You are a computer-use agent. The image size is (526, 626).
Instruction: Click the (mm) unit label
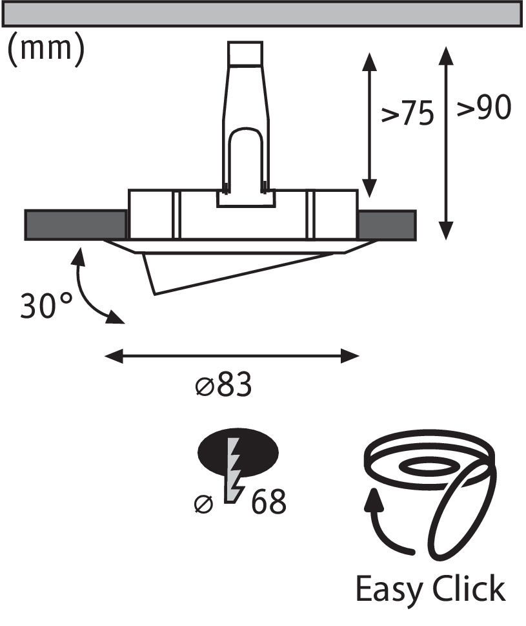pyautogui.click(x=46, y=50)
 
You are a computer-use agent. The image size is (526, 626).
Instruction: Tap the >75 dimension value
pyautogui.click(x=407, y=114)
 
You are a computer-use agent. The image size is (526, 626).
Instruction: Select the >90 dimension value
pyautogui.click(x=484, y=107)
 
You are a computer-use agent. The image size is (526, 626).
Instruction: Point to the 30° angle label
pyautogui.click(x=46, y=306)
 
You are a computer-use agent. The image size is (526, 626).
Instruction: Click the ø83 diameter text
pyautogui.click(x=224, y=384)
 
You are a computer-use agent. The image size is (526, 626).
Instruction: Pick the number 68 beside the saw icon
pyautogui.click(x=268, y=501)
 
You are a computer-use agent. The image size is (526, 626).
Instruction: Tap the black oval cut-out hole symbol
pyautogui.click(x=238, y=452)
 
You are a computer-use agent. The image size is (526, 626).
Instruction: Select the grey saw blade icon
pyautogui.click(x=234, y=470)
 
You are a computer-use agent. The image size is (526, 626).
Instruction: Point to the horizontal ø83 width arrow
pyautogui.click(x=232, y=356)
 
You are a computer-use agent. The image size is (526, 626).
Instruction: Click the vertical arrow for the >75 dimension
pyautogui.click(x=370, y=125)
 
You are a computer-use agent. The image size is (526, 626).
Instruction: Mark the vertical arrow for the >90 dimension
pyautogui.click(x=446, y=143)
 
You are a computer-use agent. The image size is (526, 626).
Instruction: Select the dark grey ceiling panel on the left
pyautogui.click(x=76, y=225)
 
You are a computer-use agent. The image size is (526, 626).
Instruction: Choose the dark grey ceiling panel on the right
pyautogui.click(x=387, y=225)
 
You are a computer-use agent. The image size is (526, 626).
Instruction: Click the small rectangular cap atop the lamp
pyautogui.click(x=245, y=53)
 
